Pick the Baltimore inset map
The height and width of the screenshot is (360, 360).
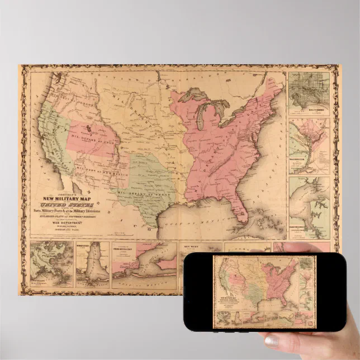[x=309, y=92]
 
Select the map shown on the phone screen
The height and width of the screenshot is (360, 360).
[x=266, y=291]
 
